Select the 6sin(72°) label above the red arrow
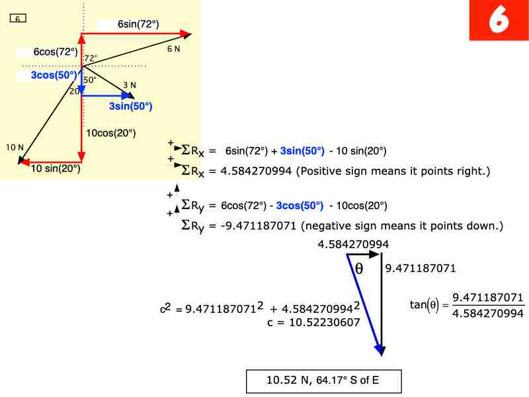pyautogui.click(x=138, y=24)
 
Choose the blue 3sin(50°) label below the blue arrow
pyautogui.click(x=130, y=106)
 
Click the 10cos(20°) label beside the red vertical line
pyautogui.click(x=112, y=133)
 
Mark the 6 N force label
pyautogui.click(x=173, y=49)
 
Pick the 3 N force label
pyautogui.click(x=130, y=85)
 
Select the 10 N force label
pyautogui.click(x=15, y=147)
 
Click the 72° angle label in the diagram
pyautogui.click(x=91, y=58)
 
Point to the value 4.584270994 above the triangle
pyautogui.click(x=353, y=245)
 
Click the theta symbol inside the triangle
pyautogui.click(x=359, y=268)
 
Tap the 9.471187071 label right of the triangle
pyautogui.click(x=421, y=269)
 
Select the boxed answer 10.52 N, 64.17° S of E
pyautogui.click(x=323, y=380)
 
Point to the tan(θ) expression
pyautogui.click(x=423, y=304)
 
